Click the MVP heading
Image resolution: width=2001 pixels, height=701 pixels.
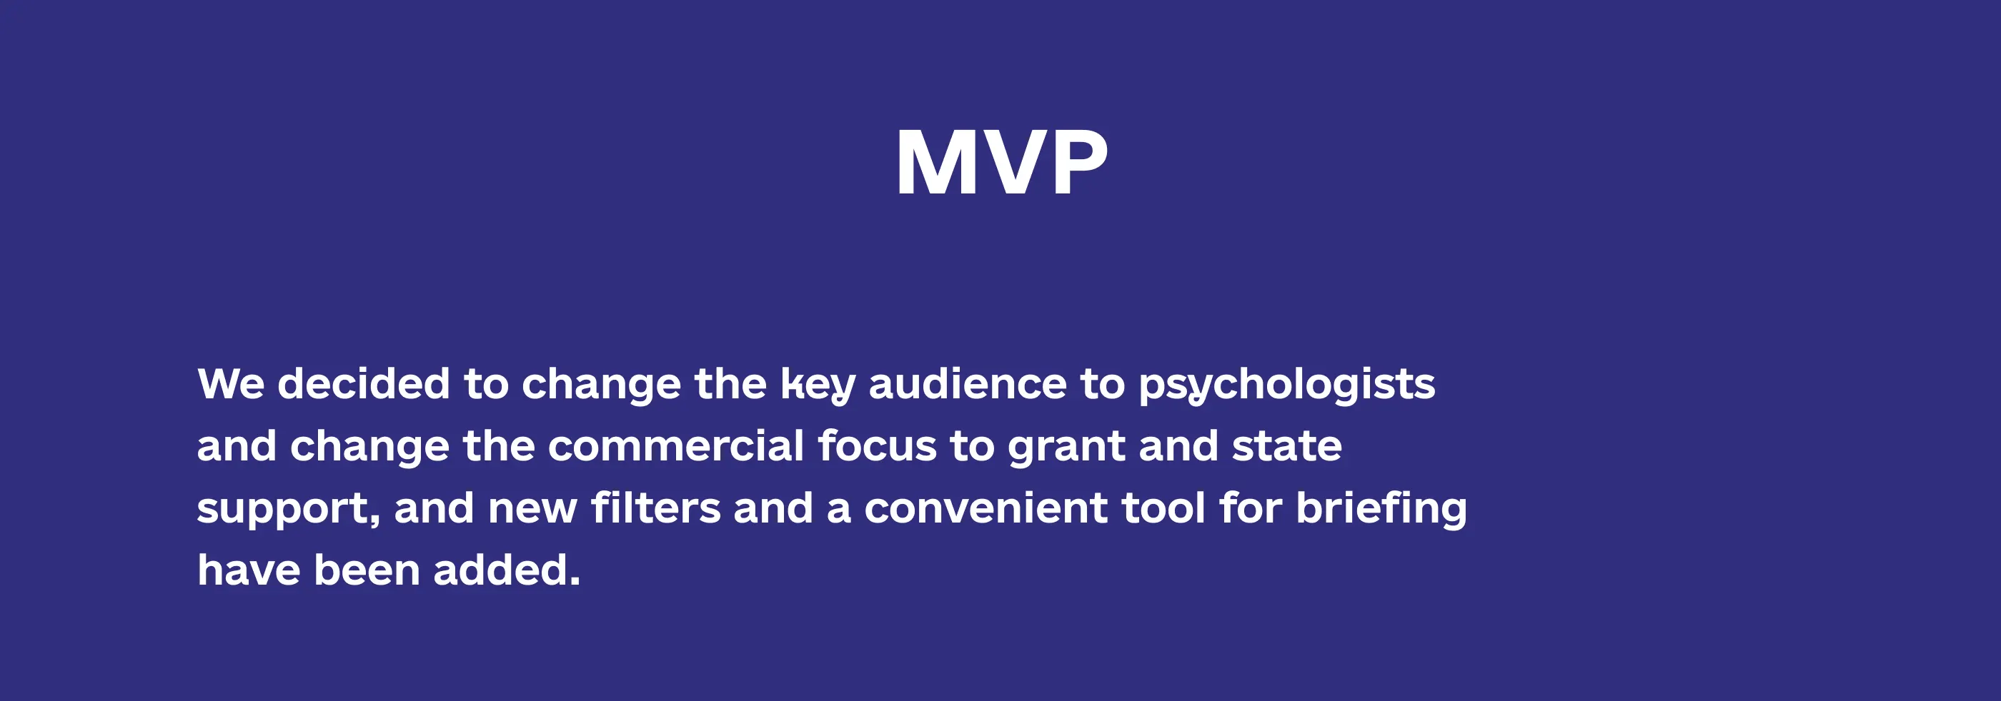click(1001, 162)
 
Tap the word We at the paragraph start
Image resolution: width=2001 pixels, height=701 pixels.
click(231, 383)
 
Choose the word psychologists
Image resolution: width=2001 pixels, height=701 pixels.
click(1286, 385)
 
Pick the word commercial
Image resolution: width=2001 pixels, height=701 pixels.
click(676, 445)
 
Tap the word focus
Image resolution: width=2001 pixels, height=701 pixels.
click(877, 445)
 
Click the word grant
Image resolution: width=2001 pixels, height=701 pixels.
click(1066, 448)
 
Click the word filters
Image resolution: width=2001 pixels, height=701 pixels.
click(655, 508)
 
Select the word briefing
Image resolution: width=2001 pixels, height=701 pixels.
click(1381, 510)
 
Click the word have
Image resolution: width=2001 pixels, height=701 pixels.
click(249, 570)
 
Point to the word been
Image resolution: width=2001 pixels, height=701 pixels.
click(367, 570)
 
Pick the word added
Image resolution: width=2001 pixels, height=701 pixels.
click(507, 570)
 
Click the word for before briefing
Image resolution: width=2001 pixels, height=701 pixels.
click(1251, 508)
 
